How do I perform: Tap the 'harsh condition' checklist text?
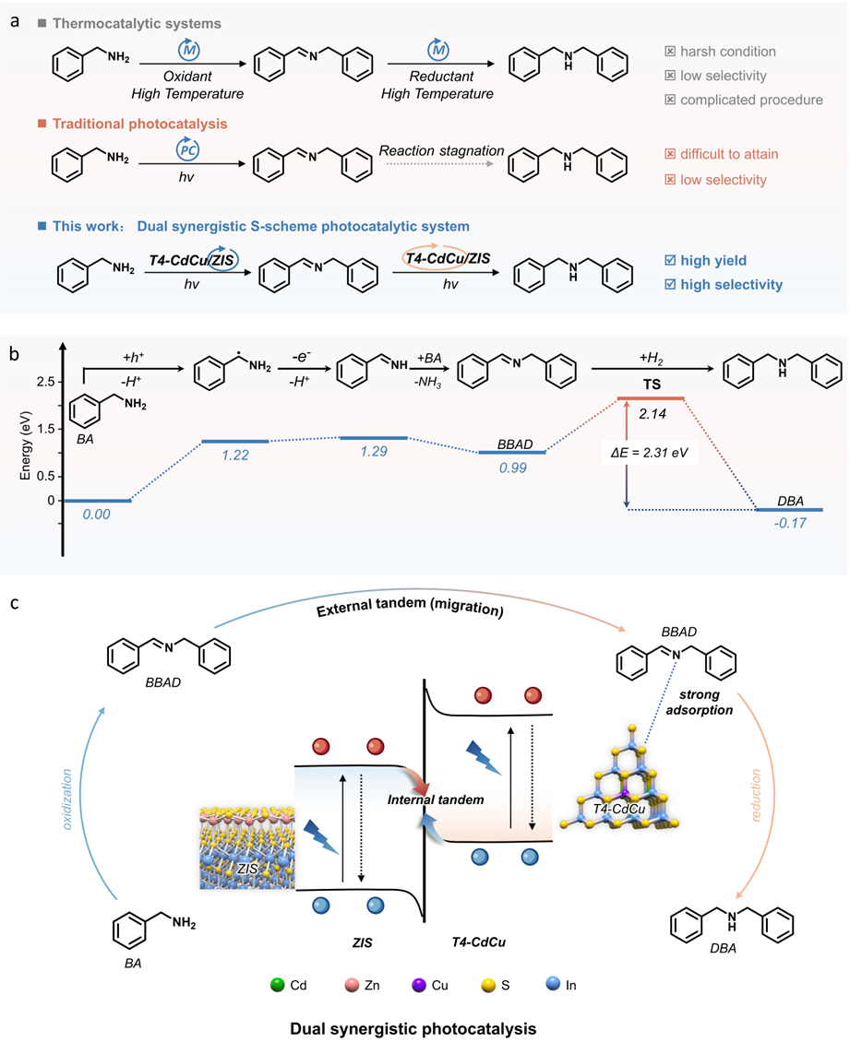(x=728, y=52)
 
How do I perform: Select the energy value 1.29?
(x=373, y=453)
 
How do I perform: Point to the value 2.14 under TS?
(x=651, y=414)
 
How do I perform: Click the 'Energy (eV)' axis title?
(x=16, y=441)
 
